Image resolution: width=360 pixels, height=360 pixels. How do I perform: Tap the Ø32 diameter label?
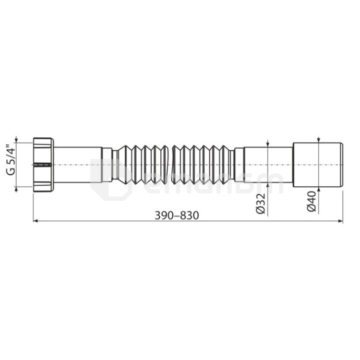[x=261, y=204]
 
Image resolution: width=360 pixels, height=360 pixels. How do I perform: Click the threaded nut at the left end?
[x=43, y=165]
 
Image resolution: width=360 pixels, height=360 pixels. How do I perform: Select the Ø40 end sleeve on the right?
[x=317, y=165]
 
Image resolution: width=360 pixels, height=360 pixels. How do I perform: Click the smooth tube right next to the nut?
[x=77, y=165]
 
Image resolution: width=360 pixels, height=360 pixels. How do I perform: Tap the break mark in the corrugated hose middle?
[x=169, y=165]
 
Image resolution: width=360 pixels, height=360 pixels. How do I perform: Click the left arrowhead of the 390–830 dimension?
[x=35, y=221]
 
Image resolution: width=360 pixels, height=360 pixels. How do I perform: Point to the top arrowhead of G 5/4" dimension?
[x=17, y=140]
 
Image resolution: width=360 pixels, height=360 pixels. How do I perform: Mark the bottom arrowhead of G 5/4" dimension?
[x=17, y=189]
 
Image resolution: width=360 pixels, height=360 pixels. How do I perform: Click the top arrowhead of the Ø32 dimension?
[x=267, y=144]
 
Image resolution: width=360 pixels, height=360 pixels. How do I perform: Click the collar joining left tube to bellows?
[x=107, y=165]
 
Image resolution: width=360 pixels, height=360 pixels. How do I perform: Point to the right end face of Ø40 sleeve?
[x=342, y=165]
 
